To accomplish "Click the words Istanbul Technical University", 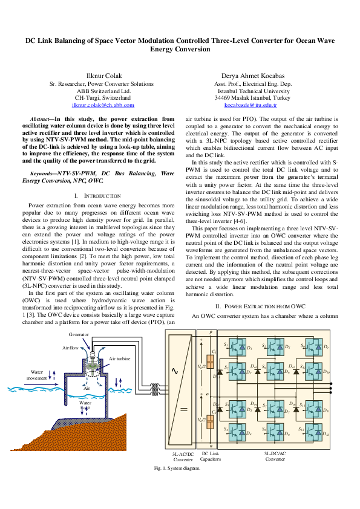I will [x=254, y=91].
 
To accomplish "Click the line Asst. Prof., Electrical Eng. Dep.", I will [x=254, y=83].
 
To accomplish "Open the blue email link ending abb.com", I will [x=103, y=105].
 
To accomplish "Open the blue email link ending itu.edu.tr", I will [x=250, y=105].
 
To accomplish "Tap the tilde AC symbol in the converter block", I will [x=175, y=371].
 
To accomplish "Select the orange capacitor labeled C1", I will [x=210, y=361].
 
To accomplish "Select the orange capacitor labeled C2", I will [x=210, y=421].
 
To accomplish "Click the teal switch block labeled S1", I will [x=237, y=346].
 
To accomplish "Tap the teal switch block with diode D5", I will [x=275, y=346].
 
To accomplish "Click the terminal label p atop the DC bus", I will [x=211, y=332].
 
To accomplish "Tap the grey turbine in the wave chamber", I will [x=92, y=366].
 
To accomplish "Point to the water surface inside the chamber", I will [x=85, y=396].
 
